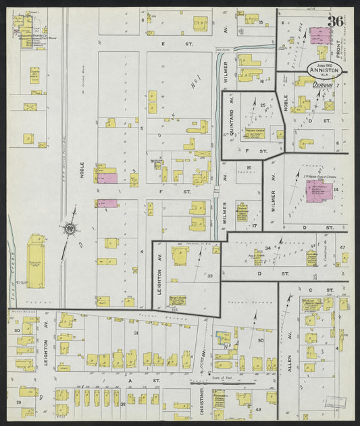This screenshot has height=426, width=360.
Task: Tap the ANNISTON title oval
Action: (x=322, y=69)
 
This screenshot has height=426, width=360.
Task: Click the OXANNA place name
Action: (x=324, y=86)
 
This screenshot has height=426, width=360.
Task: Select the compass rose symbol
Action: (x=70, y=230)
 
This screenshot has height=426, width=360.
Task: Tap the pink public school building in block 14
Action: (x=318, y=190)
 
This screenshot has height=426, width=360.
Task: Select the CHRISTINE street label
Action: (x=201, y=400)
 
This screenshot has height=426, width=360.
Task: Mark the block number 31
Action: (x=136, y=333)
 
